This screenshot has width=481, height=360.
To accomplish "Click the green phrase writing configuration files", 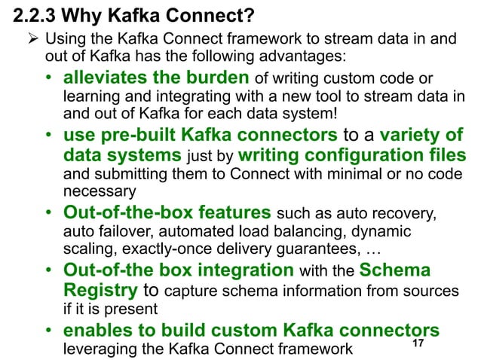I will pos(353,157).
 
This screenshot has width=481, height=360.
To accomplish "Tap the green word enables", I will pos(93,332).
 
